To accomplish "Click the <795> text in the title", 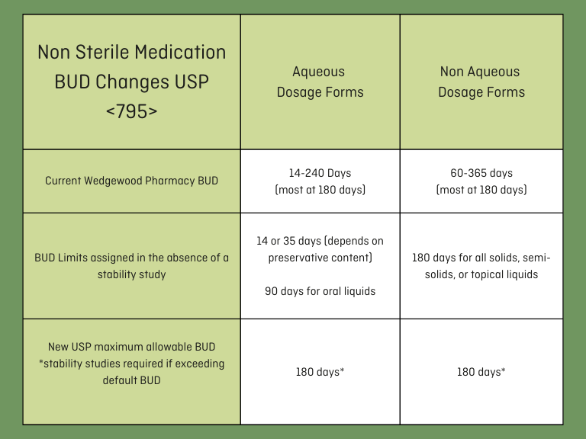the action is (131, 111).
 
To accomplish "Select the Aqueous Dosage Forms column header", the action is (320, 82).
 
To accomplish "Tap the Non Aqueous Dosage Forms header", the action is (481, 82).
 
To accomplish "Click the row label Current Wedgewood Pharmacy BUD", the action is (131, 181).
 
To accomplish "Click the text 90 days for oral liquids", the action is (320, 291).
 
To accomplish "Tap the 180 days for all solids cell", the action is (481, 266).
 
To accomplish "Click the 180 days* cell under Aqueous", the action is (320, 372).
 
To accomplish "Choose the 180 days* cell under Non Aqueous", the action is (481, 372).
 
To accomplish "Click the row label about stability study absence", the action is (131, 266).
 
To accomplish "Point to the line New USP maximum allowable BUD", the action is (131, 347).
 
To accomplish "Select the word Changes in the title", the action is (132, 82).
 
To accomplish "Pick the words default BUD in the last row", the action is (131, 380).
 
